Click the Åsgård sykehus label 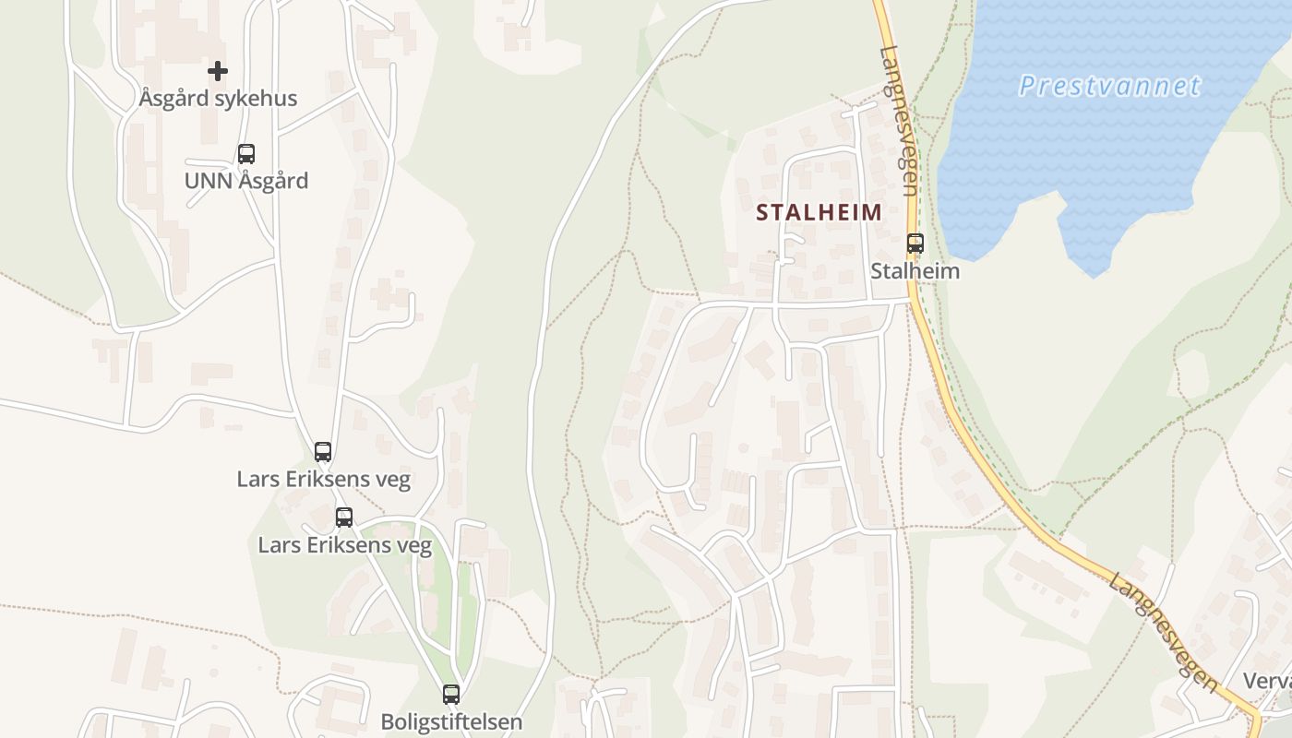pyautogui.click(x=218, y=98)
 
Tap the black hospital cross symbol pyautogui.click(x=218, y=70)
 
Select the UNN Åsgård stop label pyautogui.click(x=246, y=181)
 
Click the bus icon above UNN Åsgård pyautogui.click(x=246, y=154)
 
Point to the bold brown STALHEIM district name pyautogui.click(x=819, y=212)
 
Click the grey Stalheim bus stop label pyautogui.click(x=915, y=271)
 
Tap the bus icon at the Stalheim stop pyautogui.click(x=915, y=244)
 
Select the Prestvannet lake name pyautogui.click(x=1109, y=87)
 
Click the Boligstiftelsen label pyautogui.click(x=451, y=721)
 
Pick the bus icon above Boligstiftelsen pyautogui.click(x=451, y=695)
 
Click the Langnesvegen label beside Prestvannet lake pyautogui.click(x=899, y=120)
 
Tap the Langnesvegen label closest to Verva pyautogui.click(x=1164, y=633)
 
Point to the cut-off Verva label pyautogui.click(x=1267, y=682)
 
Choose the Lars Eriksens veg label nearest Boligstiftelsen pyautogui.click(x=344, y=545)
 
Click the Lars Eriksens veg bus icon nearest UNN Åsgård pyautogui.click(x=323, y=452)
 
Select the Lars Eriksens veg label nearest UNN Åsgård pyautogui.click(x=323, y=480)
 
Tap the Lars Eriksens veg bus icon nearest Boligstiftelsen pyautogui.click(x=344, y=518)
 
